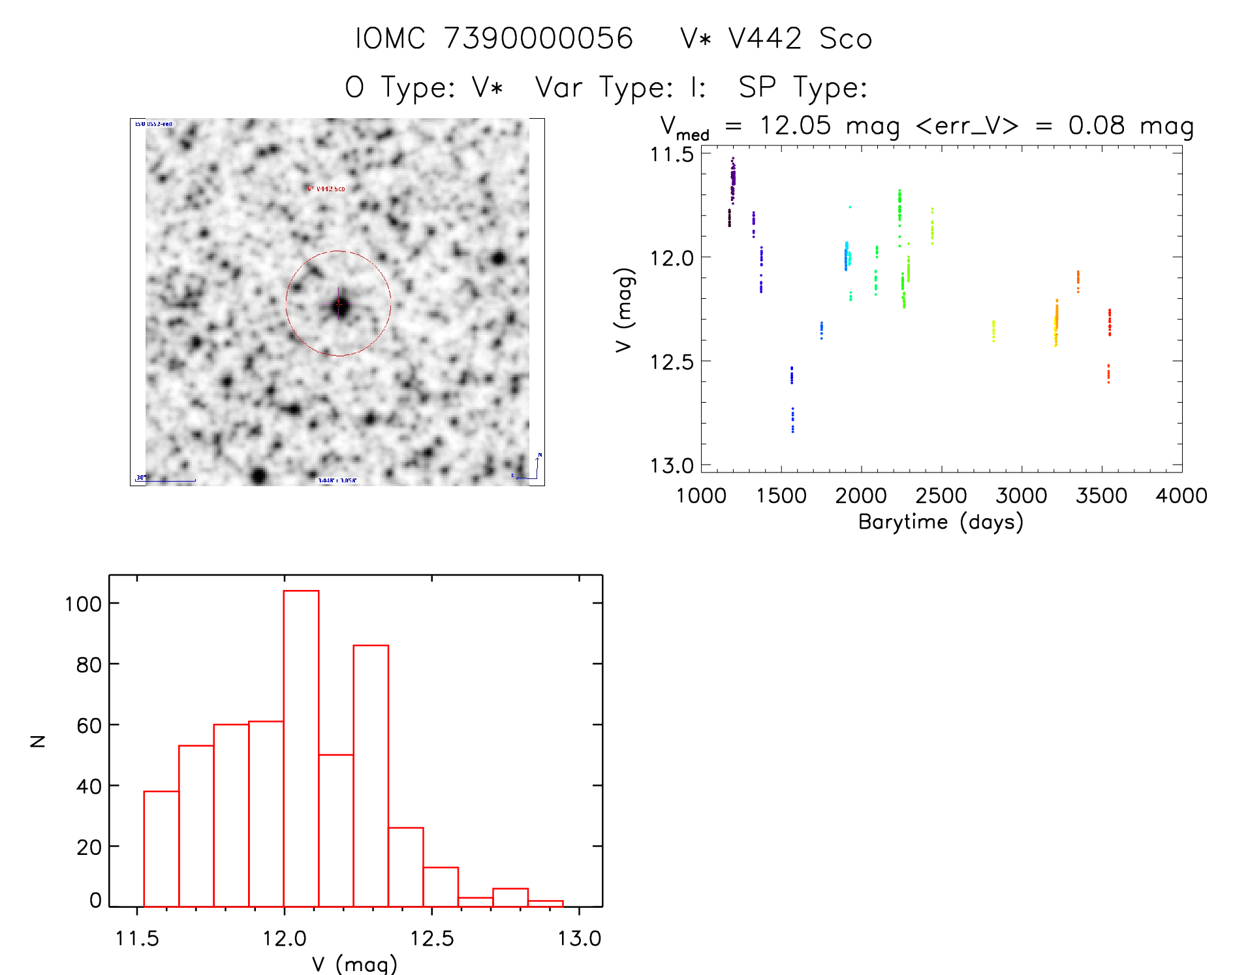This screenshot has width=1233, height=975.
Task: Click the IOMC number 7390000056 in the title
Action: point(538,39)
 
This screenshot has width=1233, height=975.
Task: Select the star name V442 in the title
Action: point(765,39)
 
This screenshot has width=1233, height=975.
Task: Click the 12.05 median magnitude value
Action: point(795,125)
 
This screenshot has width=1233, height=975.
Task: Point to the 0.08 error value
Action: point(1097,125)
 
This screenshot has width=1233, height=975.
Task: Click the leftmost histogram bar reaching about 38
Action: point(161,848)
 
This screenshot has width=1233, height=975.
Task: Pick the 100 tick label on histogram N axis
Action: point(83,604)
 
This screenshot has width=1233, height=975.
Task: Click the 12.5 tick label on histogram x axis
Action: point(431,938)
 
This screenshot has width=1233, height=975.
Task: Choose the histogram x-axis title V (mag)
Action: point(354,964)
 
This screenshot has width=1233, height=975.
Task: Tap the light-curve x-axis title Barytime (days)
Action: point(941,522)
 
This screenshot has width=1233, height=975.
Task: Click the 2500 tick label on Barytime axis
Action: point(941,496)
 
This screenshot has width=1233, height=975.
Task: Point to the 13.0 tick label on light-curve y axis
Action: point(671,465)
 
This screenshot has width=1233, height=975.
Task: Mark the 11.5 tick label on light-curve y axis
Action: point(671,155)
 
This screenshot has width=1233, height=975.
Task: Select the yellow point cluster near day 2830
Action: point(993,331)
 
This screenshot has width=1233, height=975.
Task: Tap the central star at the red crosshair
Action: point(339,305)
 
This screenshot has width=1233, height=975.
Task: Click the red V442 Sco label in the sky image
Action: point(326,189)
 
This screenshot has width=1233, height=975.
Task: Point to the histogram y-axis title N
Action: point(39,741)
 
